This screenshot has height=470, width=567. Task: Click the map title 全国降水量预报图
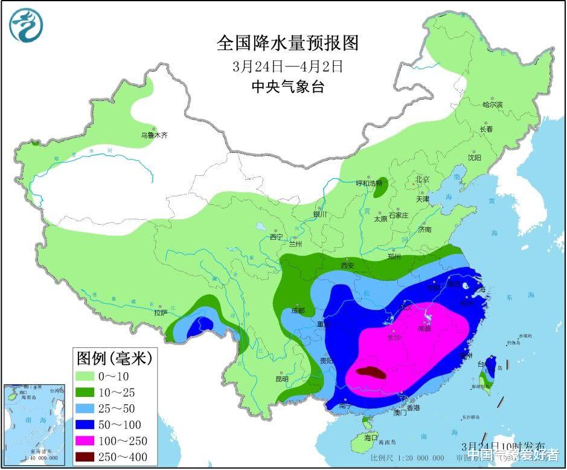coord(287,43)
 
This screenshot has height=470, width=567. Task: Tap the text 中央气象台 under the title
coord(287,87)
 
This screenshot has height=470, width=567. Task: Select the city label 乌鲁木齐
coord(154,135)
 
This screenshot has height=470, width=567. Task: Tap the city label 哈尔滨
coord(492,105)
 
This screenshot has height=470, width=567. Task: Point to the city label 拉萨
coord(160,313)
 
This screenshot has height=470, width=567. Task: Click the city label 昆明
coord(281,379)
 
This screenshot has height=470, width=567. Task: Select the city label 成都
coord(298,311)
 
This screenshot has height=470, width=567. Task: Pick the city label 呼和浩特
coord(368,183)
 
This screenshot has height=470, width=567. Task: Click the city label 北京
coord(421,179)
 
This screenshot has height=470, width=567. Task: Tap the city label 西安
coord(347,265)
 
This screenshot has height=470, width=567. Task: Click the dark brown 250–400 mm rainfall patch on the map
coord(370,373)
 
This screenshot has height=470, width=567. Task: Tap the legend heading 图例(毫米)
coord(114,358)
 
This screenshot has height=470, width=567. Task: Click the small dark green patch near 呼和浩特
coord(380,190)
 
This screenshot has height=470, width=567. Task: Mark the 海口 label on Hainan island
coord(371,437)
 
